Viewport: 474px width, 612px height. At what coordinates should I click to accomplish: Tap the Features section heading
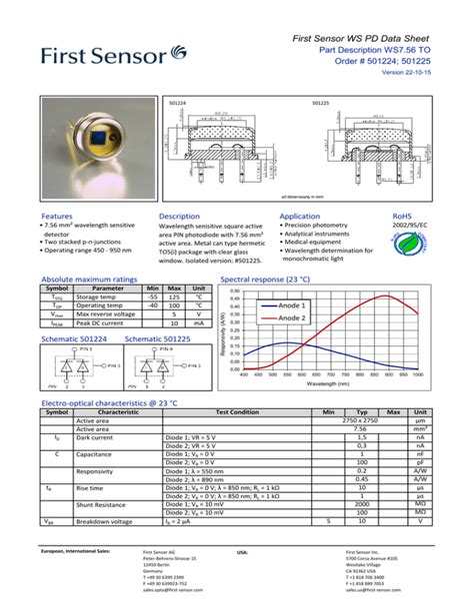(x=56, y=216)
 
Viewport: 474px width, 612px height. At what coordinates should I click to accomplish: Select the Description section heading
(x=180, y=216)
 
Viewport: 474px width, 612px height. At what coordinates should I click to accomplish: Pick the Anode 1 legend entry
(x=291, y=305)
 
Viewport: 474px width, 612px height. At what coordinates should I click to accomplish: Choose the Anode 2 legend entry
(x=291, y=317)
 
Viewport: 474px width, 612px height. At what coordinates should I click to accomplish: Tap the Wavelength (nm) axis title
(x=329, y=383)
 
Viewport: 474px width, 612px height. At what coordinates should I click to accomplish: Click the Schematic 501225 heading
(x=158, y=339)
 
